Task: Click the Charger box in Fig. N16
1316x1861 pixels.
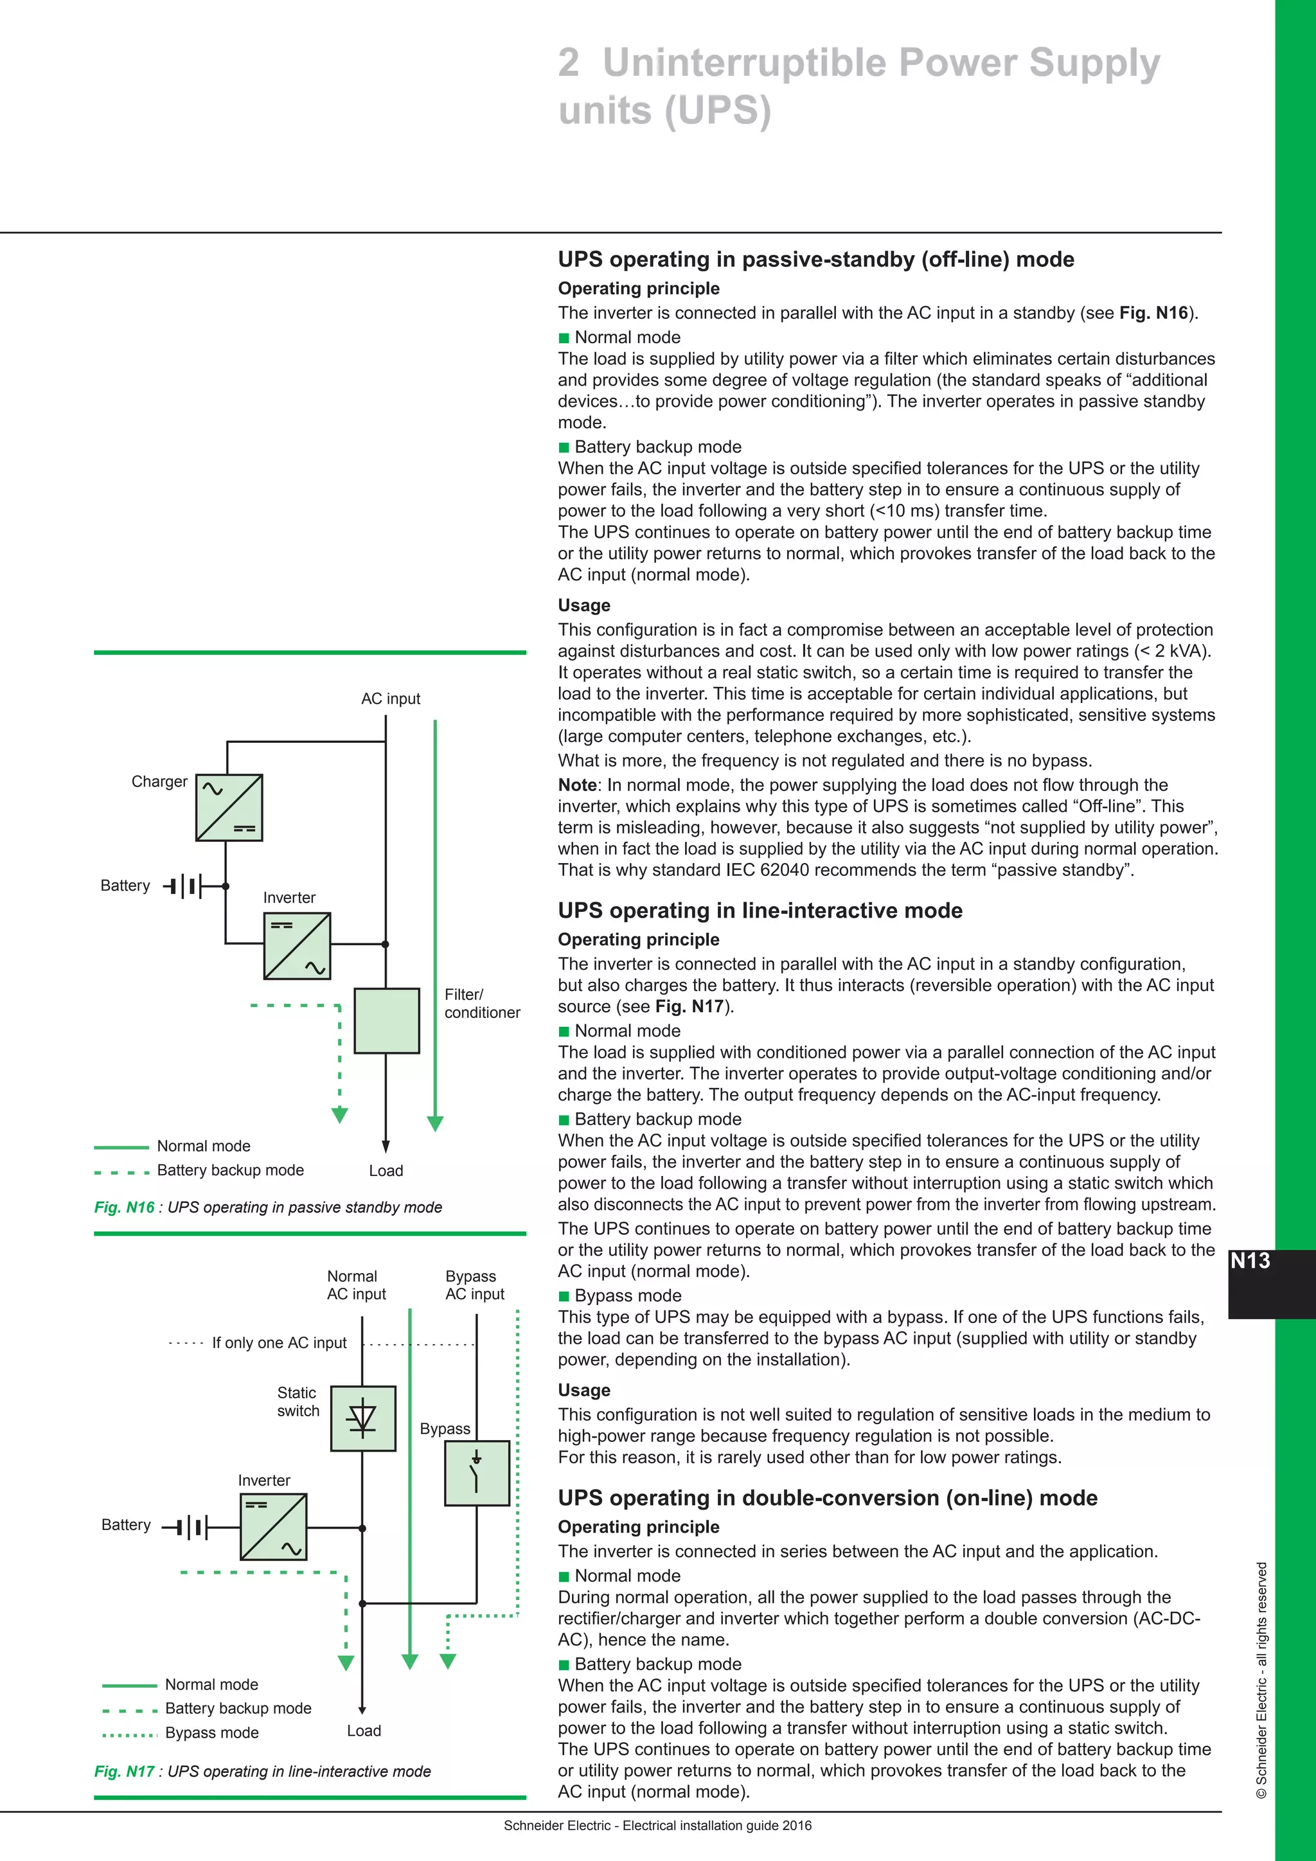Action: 229,807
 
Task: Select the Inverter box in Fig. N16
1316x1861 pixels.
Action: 297,946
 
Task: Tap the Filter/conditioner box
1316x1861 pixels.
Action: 387,1020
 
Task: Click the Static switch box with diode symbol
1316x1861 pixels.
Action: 363,1418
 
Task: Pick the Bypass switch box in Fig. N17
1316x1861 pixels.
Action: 477,1473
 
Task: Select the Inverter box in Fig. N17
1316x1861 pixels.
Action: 273,1527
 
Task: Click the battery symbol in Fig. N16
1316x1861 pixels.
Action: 185,886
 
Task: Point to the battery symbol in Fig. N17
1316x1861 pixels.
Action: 186,1527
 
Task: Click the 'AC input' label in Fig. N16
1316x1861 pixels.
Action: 391,699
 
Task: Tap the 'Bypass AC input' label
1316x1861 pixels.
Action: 474,1285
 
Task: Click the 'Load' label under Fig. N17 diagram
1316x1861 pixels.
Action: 364,1731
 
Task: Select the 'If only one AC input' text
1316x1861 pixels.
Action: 279,1343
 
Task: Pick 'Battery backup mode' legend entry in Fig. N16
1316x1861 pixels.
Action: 230,1170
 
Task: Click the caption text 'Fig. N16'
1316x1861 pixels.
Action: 124,1207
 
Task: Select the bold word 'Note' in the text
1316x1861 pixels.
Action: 577,785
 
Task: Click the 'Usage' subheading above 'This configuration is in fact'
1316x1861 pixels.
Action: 583,605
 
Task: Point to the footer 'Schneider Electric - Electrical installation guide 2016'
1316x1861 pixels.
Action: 657,1826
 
